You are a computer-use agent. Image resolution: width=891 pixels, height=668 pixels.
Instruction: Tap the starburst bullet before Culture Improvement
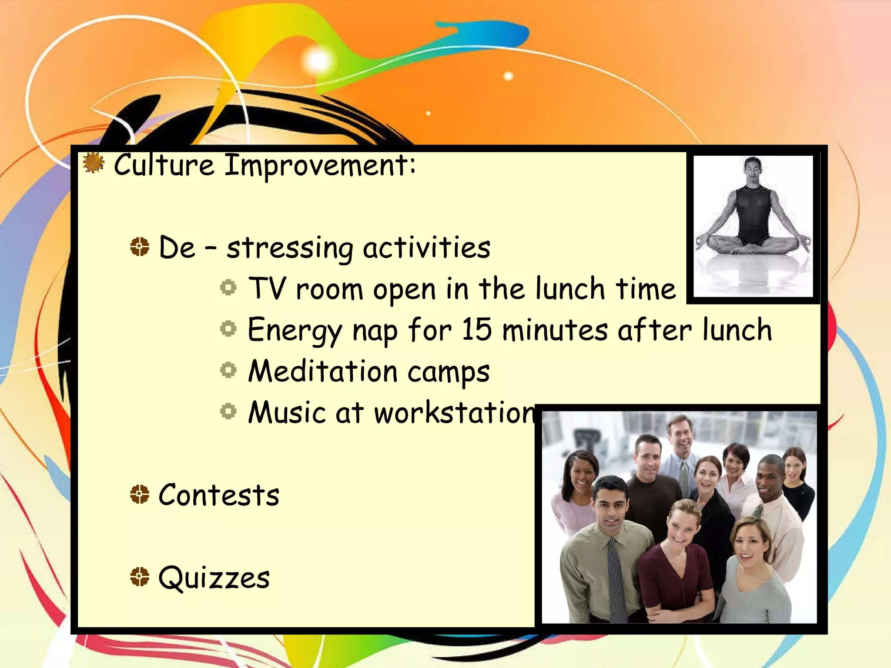click(94, 163)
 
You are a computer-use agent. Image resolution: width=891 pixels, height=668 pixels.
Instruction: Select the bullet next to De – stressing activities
click(140, 247)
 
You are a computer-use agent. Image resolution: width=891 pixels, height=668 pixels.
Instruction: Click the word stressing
click(290, 248)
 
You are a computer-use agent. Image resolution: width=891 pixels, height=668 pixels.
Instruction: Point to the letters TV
click(267, 288)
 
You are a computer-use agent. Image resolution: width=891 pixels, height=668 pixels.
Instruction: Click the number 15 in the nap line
click(476, 329)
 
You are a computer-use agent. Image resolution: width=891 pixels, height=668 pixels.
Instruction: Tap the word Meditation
click(323, 371)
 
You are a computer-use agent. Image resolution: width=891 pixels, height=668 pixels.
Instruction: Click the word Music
click(287, 412)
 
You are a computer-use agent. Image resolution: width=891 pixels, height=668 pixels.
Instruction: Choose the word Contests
click(218, 495)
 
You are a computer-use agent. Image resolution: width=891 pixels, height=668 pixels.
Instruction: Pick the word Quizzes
click(214, 578)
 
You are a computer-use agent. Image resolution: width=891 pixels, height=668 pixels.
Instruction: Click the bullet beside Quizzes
click(140, 577)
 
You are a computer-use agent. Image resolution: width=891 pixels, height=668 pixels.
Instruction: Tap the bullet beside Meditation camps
click(228, 370)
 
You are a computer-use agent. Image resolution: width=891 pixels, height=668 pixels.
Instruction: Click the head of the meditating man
click(753, 170)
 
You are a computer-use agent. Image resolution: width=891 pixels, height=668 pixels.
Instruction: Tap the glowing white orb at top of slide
click(318, 61)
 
